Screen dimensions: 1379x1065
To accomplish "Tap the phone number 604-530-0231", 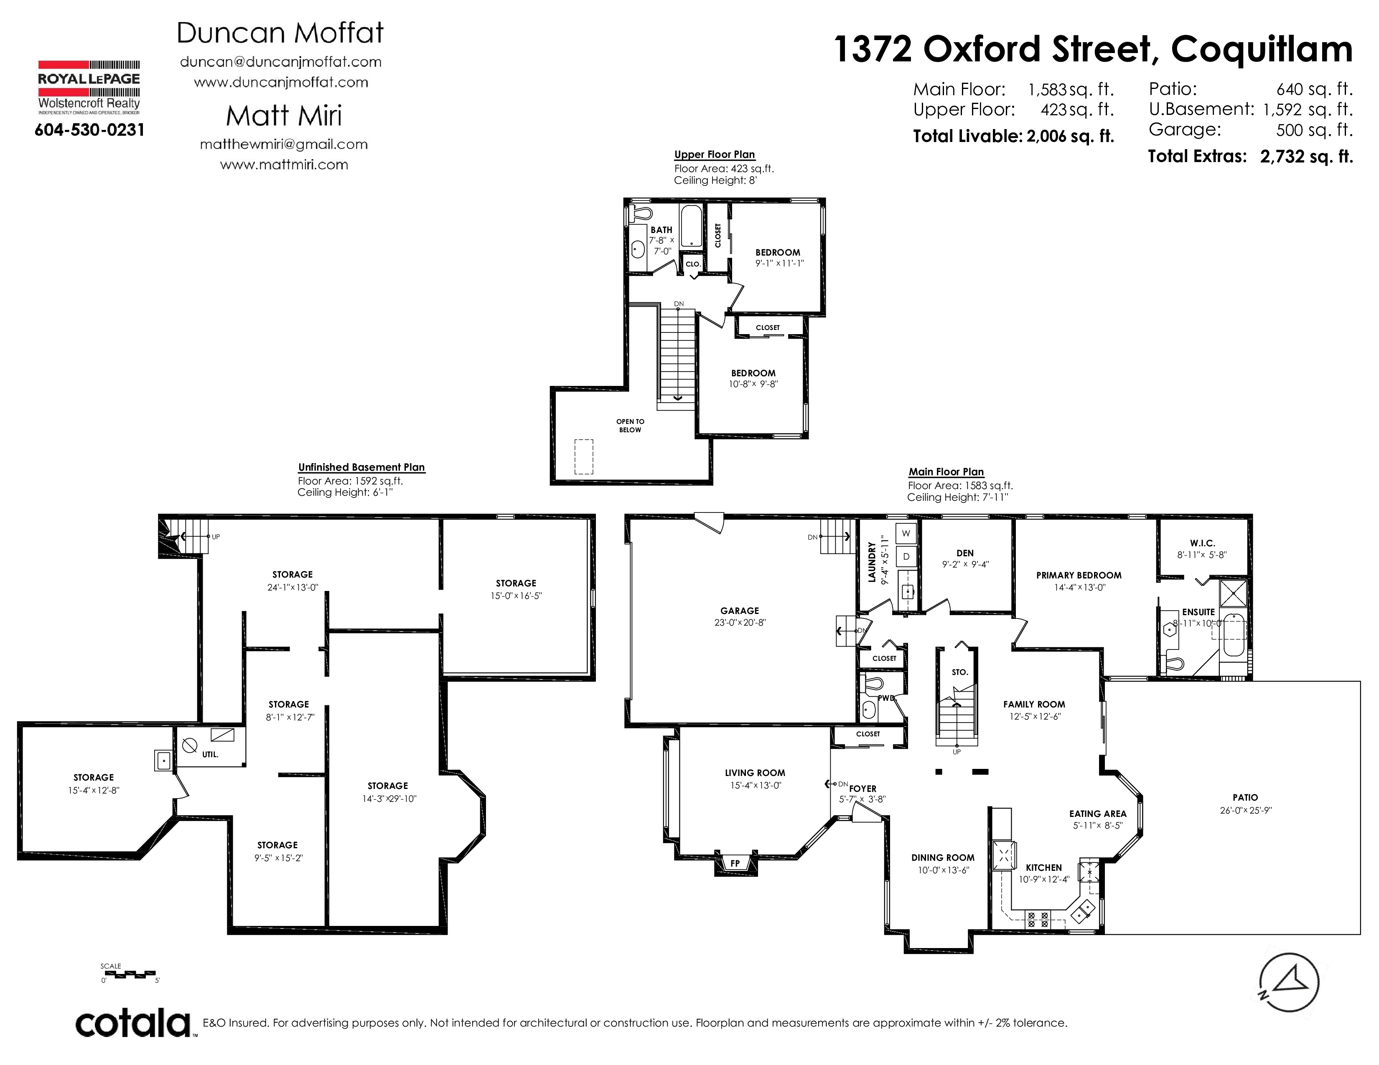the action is tap(90, 130).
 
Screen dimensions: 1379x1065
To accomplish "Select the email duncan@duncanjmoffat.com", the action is tap(281, 62).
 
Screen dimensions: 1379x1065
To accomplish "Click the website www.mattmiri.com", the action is tap(284, 165).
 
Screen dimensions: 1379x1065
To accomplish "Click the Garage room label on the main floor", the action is tap(739, 611).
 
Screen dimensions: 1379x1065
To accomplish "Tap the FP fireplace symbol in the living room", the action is tap(735, 863).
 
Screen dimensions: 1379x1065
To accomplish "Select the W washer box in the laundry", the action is tap(906, 533).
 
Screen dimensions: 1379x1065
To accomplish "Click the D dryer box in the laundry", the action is tap(906, 556).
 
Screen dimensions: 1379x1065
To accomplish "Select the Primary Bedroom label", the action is tap(1079, 576).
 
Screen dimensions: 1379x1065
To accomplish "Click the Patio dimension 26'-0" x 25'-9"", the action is tap(1245, 810).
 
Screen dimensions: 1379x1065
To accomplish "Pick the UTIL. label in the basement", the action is tap(210, 755).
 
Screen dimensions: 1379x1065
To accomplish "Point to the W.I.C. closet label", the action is tap(1202, 543).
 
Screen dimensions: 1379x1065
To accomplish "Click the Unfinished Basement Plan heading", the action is tap(361, 467).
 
